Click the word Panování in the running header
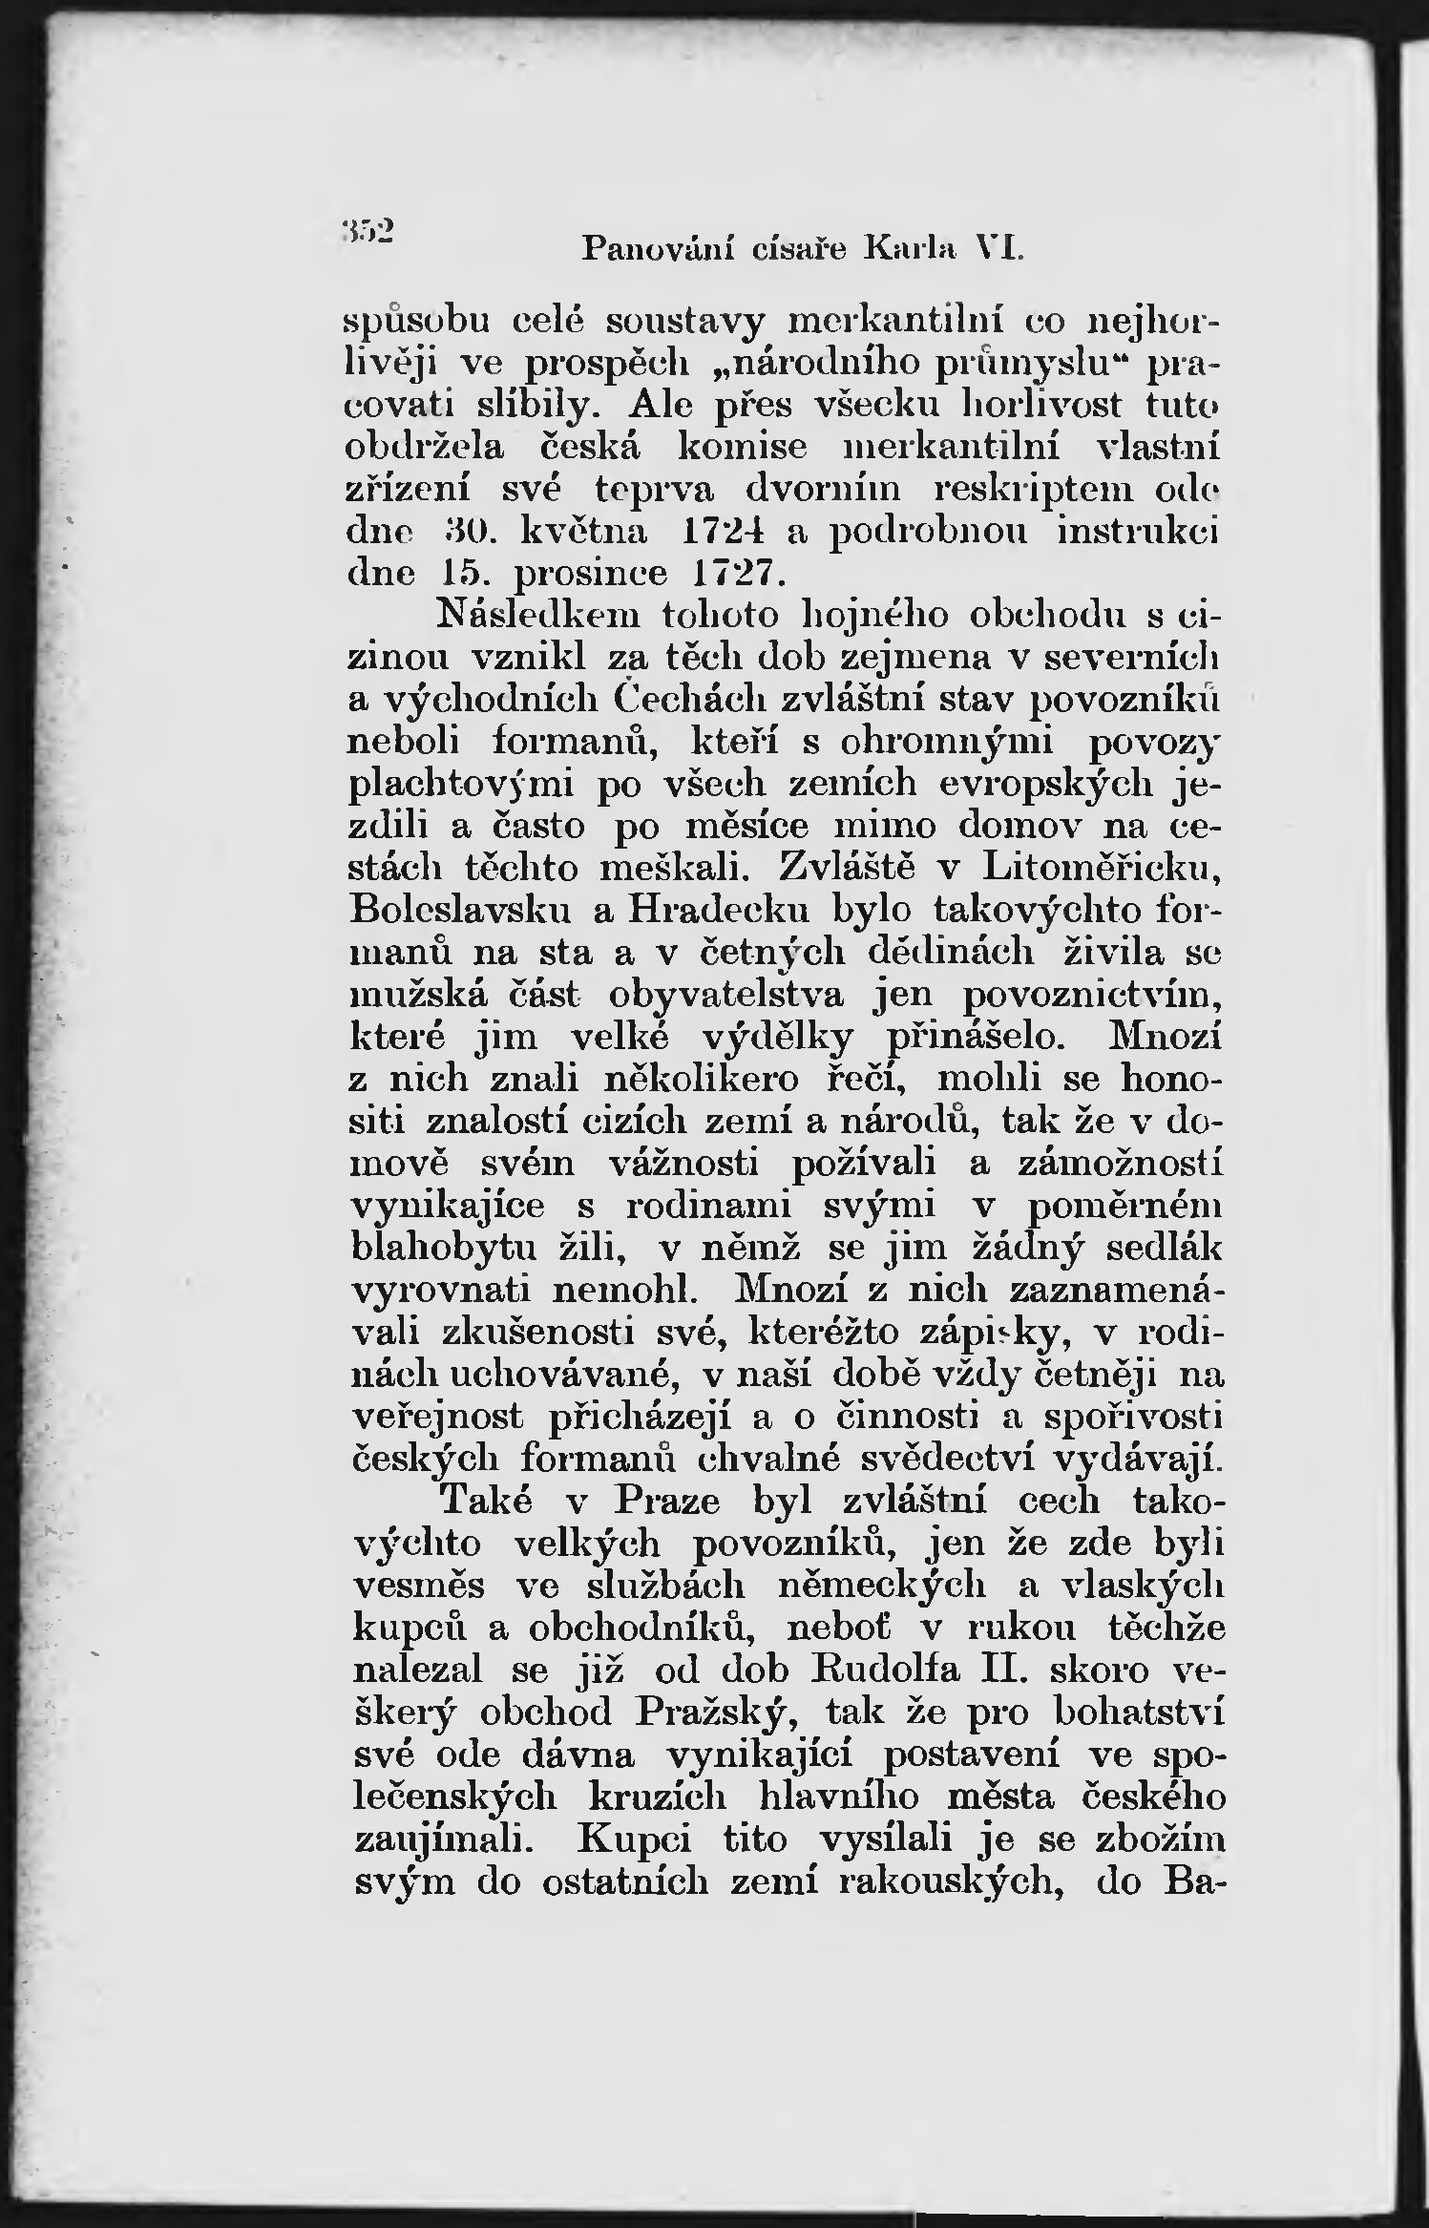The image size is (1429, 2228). pyautogui.click(x=649, y=249)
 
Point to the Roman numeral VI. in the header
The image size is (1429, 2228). pyautogui.click(x=995, y=249)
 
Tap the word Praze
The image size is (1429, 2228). pyautogui.click(x=666, y=1500)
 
